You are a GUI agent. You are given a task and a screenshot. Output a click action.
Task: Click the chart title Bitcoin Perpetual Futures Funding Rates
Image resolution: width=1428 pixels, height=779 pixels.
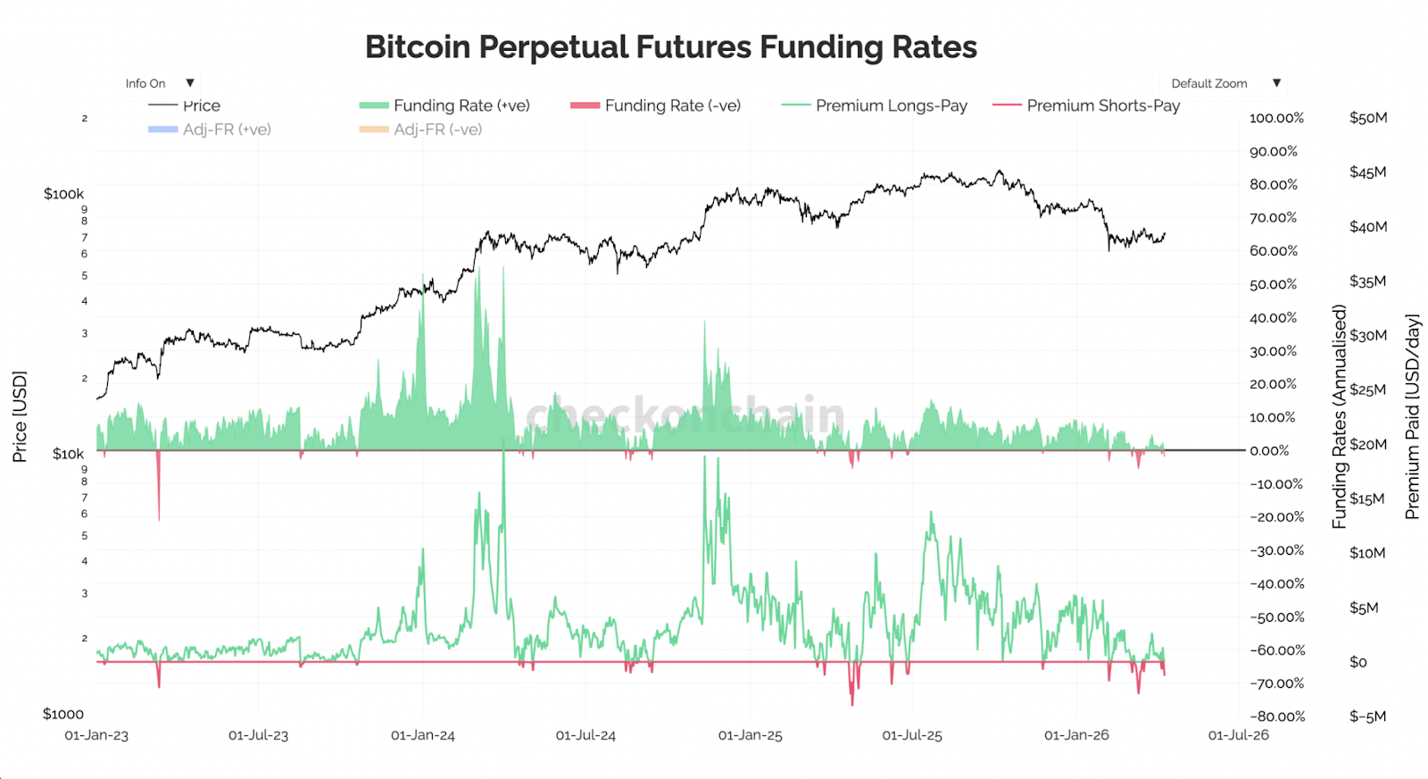pos(671,47)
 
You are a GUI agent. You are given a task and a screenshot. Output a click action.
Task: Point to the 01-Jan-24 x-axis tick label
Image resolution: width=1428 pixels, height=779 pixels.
pos(423,735)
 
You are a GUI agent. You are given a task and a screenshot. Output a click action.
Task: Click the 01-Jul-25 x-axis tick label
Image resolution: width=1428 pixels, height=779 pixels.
pos(912,735)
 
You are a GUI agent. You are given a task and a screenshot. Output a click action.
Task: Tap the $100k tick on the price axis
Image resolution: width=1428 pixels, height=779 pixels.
pos(63,194)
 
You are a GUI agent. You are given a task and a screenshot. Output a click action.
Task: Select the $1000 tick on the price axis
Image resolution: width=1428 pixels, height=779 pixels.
pos(63,714)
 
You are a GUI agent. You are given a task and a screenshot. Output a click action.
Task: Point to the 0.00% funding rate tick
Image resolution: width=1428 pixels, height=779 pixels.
pos(1269,451)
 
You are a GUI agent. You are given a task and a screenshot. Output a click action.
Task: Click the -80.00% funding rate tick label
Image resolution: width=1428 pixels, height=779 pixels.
pos(1277,716)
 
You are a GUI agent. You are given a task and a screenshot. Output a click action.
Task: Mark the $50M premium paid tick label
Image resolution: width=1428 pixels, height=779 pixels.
pos(1368,118)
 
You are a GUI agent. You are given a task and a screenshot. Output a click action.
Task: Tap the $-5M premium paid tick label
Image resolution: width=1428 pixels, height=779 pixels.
pos(1367,716)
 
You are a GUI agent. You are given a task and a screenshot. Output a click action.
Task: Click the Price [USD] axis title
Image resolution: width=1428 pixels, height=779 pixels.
pos(20,416)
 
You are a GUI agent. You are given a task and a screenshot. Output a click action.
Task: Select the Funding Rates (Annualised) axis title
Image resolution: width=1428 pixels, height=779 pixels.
pos(1339,416)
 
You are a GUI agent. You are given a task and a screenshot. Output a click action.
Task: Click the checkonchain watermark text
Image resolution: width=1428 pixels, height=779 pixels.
pos(685,415)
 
